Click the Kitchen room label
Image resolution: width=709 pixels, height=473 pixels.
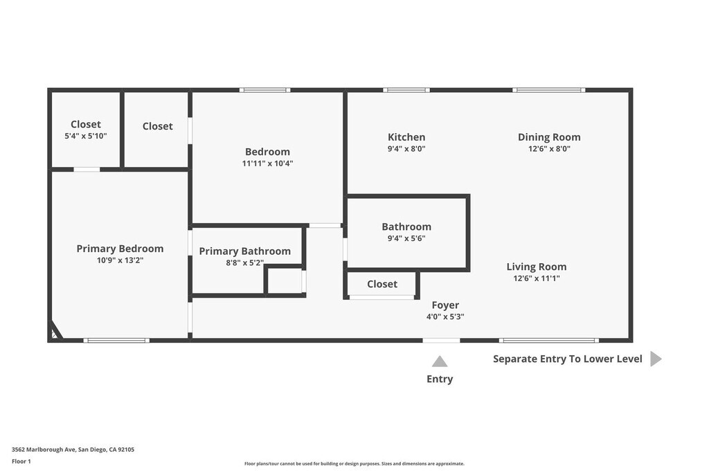click(406, 137)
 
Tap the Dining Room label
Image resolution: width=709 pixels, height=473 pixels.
click(549, 137)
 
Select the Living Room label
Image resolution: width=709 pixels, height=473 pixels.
click(536, 267)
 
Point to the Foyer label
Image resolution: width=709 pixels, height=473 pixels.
click(445, 305)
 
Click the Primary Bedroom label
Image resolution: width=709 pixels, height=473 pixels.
click(120, 249)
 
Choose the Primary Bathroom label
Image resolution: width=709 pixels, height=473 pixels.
click(244, 251)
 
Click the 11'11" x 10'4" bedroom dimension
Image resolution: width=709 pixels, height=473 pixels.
click(267, 163)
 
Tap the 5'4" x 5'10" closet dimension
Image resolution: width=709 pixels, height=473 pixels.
click(86, 136)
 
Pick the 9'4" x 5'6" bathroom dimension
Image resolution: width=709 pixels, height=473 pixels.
click(406, 238)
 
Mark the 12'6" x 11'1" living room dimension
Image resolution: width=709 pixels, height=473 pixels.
click(536, 278)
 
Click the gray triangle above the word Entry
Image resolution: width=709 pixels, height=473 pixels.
click(440, 361)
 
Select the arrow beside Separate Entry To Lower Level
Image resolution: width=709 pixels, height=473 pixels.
click(656, 359)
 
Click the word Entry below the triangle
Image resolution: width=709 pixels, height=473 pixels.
click(440, 379)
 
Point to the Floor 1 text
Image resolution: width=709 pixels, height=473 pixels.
click(21, 461)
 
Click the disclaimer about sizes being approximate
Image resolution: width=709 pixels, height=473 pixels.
click(354, 464)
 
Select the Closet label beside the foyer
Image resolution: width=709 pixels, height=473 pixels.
click(382, 284)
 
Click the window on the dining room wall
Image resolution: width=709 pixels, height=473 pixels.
click(549, 90)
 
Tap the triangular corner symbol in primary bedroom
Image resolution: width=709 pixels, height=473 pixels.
click(55, 333)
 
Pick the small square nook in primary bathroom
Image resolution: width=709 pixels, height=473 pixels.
click(285, 280)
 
